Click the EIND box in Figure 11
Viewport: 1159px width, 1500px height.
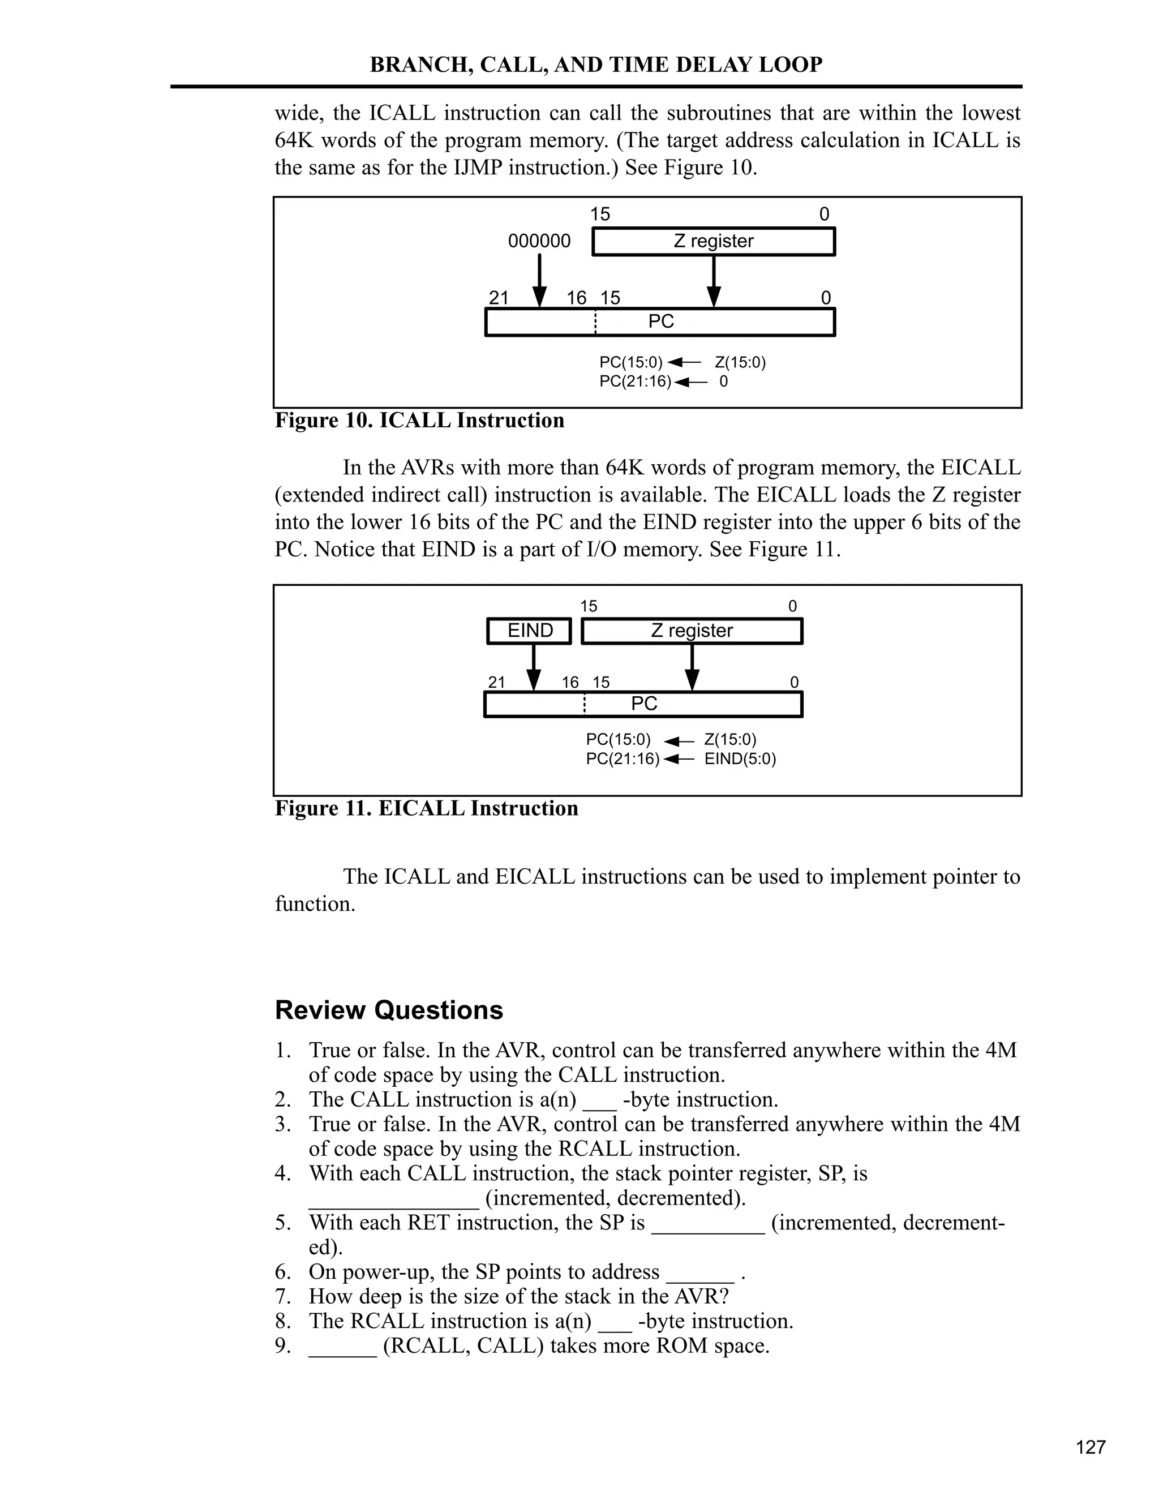click(x=529, y=631)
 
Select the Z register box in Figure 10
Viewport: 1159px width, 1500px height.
click(x=714, y=242)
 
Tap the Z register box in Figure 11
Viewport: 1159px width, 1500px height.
click(x=692, y=631)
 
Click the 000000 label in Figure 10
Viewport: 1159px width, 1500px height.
click(x=539, y=241)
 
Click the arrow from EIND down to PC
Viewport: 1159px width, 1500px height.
click(x=533, y=667)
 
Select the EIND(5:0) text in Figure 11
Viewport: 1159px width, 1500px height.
click(x=740, y=759)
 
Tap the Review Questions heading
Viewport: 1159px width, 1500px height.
click(x=389, y=1010)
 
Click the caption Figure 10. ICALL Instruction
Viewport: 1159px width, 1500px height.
click(x=419, y=421)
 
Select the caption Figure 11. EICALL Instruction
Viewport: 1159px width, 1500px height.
click(x=426, y=808)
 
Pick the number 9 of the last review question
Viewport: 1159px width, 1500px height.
click(x=281, y=1345)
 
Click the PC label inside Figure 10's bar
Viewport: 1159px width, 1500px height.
click(x=660, y=322)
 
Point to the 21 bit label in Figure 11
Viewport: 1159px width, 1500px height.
click(x=496, y=682)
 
